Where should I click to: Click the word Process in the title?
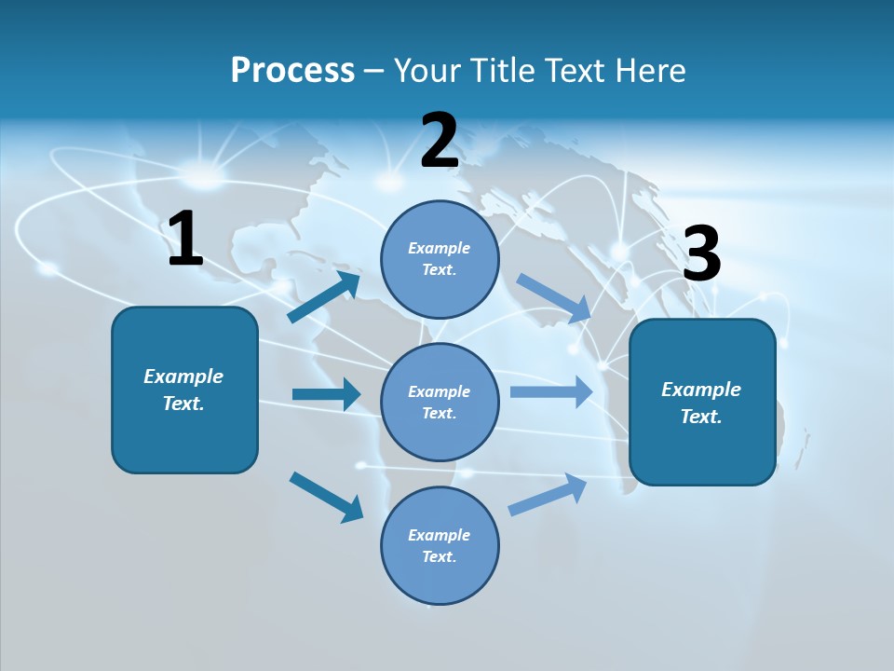pos(292,71)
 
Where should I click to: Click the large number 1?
pos(185,240)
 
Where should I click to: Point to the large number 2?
pos(440,141)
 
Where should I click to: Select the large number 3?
pos(701,254)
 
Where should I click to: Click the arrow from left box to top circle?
pos(325,296)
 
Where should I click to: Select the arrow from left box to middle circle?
pos(326,394)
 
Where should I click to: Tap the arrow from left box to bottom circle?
pos(326,497)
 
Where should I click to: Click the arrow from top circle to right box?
pos(554,297)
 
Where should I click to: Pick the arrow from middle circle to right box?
pos(551,391)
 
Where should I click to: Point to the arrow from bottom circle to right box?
pos(548,495)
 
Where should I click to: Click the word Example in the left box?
pos(183,377)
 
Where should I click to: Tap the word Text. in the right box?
pos(701,417)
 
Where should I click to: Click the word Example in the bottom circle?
pos(440,535)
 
